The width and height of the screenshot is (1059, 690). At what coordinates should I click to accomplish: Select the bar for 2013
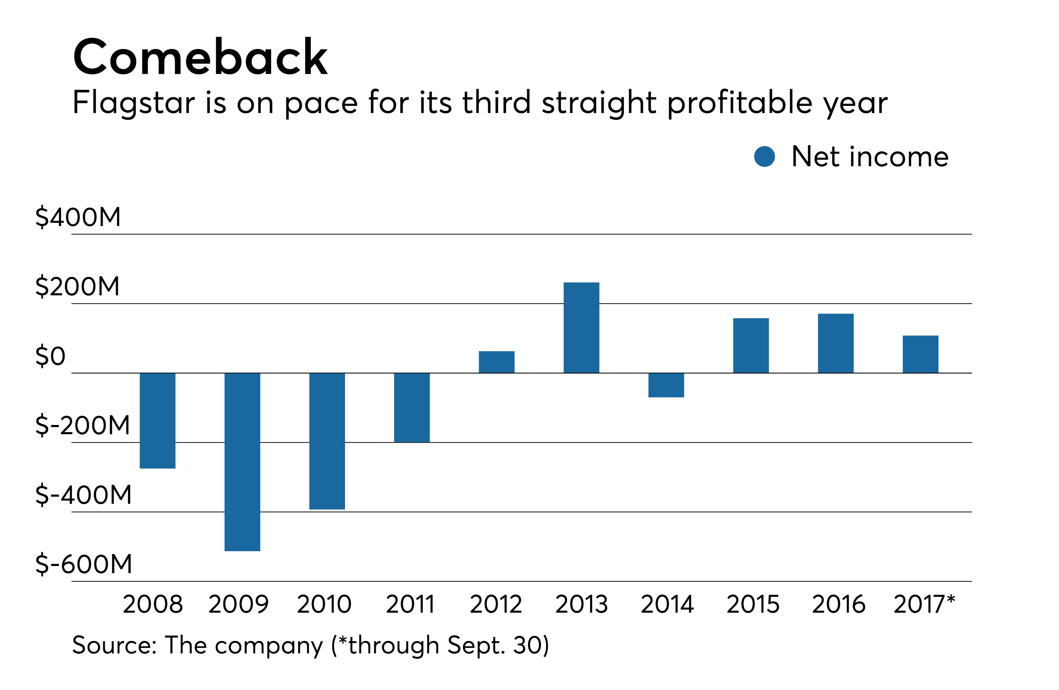(x=581, y=327)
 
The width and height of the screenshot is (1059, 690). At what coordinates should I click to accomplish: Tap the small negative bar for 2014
(x=666, y=385)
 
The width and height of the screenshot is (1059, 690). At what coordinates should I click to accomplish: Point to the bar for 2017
(x=920, y=354)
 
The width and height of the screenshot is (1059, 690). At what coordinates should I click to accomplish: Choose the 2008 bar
(x=158, y=421)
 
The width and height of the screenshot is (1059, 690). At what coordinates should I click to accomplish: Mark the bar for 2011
(x=412, y=407)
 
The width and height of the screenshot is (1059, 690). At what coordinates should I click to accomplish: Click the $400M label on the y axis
(x=78, y=217)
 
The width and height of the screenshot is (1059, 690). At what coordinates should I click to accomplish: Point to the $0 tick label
(x=50, y=356)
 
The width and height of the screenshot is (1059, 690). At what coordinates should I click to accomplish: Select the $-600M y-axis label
(x=84, y=564)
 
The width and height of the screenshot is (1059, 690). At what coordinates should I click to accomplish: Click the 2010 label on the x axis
(x=324, y=604)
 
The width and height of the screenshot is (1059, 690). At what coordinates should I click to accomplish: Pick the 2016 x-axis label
(x=838, y=604)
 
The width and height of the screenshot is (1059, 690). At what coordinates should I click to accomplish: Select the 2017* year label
(x=924, y=604)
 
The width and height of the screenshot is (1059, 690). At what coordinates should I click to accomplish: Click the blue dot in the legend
(x=765, y=157)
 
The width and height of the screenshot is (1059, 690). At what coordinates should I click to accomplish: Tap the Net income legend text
(x=870, y=157)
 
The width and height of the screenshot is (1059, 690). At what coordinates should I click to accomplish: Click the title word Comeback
(x=200, y=57)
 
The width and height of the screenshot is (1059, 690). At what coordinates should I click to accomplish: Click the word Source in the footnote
(x=113, y=645)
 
